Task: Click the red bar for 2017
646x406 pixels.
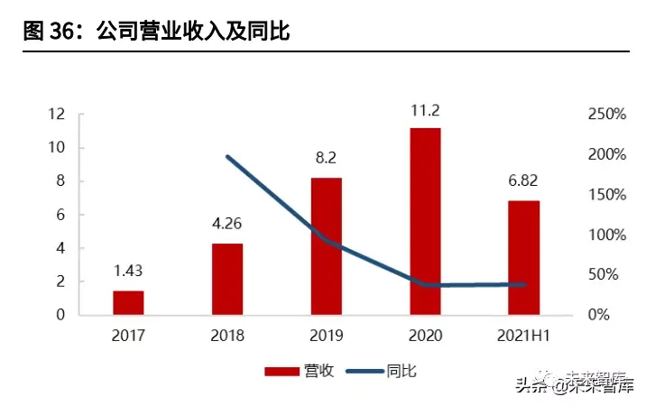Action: tap(128, 302)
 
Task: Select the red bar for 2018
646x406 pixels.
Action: tap(227, 279)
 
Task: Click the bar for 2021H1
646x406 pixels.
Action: tap(524, 257)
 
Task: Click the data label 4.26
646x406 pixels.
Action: tap(227, 225)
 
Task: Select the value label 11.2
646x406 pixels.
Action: tap(425, 111)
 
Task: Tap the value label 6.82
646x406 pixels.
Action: tap(524, 182)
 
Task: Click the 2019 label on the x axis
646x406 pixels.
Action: tap(327, 337)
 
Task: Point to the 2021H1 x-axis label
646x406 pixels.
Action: tap(524, 337)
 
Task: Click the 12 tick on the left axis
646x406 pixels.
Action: tap(58, 115)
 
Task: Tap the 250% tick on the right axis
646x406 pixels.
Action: tap(606, 115)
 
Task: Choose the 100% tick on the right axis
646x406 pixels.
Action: tap(606, 235)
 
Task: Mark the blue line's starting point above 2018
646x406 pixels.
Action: tap(227, 157)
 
